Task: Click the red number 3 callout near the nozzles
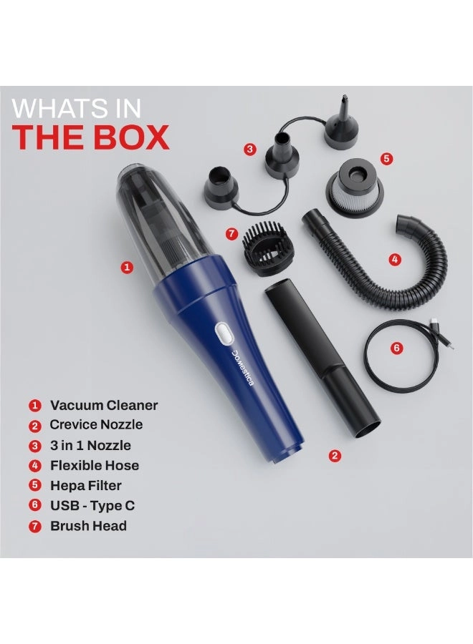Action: click(249, 150)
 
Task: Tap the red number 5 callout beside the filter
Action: click(387, 159)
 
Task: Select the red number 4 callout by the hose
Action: click(395, 258)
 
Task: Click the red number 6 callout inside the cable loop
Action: click(397, 348)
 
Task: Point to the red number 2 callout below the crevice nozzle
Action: click(334, 455)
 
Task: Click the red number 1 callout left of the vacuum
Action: click(127, 268)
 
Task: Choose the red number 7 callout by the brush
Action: click(231, 233)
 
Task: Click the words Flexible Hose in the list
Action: click(95, 465)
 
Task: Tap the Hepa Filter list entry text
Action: click(86, 485)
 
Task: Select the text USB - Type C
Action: click(92, 505)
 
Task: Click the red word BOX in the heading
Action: click(130, 137)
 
